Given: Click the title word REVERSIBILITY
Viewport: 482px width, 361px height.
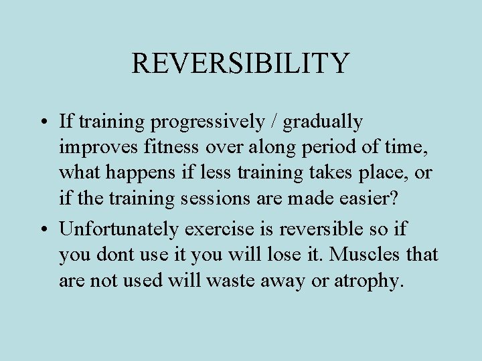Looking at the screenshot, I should [240, 63].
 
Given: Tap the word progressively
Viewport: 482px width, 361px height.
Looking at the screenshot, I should [209, 122].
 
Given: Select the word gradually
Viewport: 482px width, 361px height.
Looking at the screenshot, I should [323, 122].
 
